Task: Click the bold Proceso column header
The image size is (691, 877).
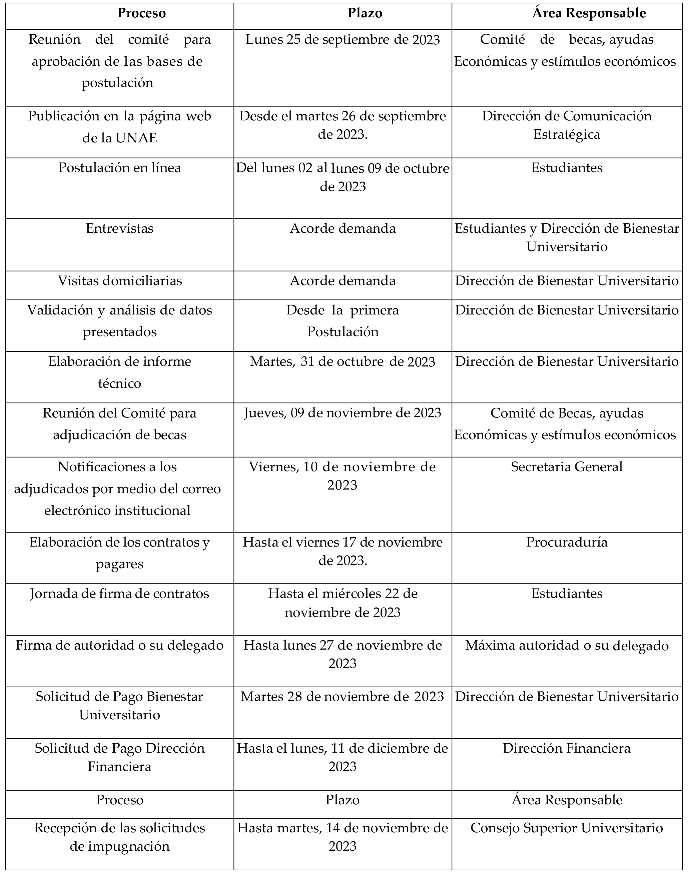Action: (x=142, y=13)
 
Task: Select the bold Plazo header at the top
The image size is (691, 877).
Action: (x=365, y=13)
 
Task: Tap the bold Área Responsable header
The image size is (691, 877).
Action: (x=589, y=13)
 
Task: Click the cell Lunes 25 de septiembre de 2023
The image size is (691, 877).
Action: (x=343, y=40)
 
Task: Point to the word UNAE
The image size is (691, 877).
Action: (x=136, y=138)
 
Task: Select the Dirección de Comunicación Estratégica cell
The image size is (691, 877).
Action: (x=567, y=125)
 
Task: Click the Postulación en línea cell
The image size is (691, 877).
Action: (x=120, y=168)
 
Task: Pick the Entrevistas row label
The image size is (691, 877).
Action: (x=120, y=228)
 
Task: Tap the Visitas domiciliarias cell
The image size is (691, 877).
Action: (x=120, y=281)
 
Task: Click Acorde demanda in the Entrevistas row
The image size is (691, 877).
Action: (x=343, y=228)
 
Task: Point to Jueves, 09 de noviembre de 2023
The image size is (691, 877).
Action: (x=343, y=413)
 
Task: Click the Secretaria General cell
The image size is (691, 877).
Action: (x=567, y=467)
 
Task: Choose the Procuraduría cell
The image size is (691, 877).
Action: (x=567, y=542)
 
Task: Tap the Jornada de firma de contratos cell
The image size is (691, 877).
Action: (x=120, y=594)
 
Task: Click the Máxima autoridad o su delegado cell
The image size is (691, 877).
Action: (x=567, y=645)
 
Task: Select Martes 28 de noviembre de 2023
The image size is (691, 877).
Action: (x=343, y=697)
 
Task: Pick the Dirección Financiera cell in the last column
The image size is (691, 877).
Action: (x=567, y=748)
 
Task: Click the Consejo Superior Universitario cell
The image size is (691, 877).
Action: (x=567, y=828)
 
